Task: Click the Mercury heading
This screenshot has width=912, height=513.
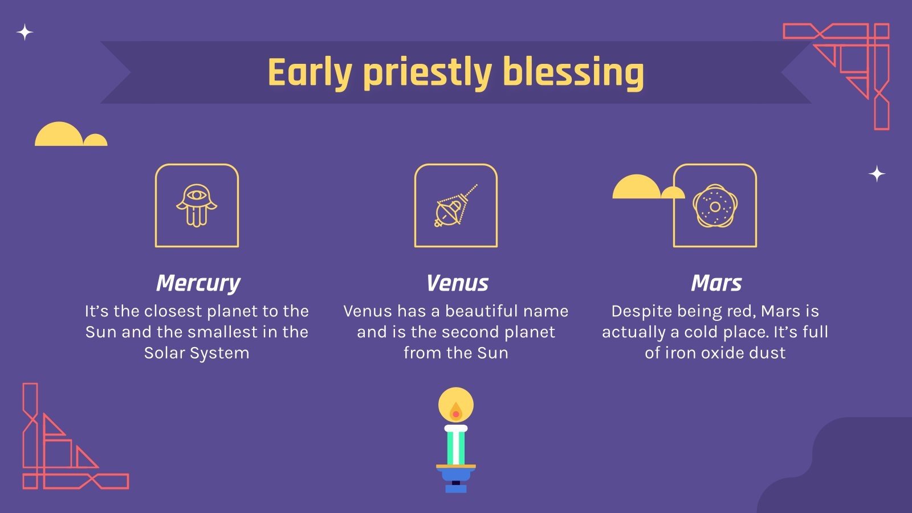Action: (198, 283)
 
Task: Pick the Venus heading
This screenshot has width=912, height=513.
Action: (457, 283)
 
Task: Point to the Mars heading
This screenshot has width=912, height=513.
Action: (716, 283)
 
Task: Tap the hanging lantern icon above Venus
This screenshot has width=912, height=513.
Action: (455, 206)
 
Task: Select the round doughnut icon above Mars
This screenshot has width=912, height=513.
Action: (715, 206)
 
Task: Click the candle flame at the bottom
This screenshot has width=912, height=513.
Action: (456, 412)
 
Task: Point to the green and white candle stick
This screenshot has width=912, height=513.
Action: (456, 445)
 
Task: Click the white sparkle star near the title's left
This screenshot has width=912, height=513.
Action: (25, 32)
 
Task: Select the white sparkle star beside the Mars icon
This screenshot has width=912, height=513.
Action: (877, 174)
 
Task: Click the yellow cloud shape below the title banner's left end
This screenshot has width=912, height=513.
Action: (71, 134)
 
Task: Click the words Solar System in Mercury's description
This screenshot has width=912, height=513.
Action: (197, 353)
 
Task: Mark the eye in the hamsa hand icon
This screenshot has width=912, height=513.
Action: (197, 195)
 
